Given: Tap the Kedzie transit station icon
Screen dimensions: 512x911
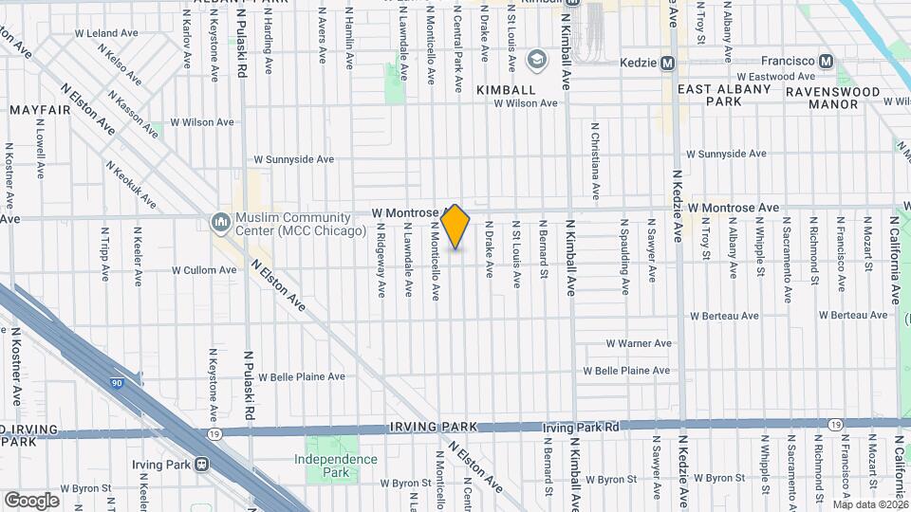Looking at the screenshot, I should [x=667, y=63].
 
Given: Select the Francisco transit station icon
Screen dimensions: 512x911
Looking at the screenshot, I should [x=827, y=63].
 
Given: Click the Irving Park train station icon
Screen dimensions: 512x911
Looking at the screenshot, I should [x=201, y=465].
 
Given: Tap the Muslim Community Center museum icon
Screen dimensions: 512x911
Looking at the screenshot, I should [x=221, y=222].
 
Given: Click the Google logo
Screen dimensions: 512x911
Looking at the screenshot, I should [x=31, y=500].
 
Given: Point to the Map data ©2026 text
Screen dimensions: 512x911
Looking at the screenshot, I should [x=870, y=504].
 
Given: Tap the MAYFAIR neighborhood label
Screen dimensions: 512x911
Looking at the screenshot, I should [x=41, y=110].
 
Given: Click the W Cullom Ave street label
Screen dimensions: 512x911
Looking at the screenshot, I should [x=204, y=270].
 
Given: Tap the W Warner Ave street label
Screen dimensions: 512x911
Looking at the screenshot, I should [x=639, y=343].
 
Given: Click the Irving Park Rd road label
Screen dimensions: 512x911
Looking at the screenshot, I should [x=581, y=428].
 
